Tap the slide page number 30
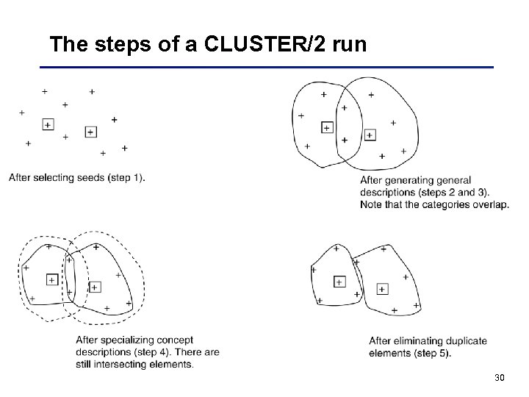coord(500,378)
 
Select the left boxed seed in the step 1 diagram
coord(48,125)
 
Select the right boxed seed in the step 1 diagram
coord(90,132)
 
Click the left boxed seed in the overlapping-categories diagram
coord(327,128)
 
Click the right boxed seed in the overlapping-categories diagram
coord(370,135)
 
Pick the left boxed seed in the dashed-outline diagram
coord(51,279)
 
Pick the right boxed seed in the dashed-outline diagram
coord(94,286)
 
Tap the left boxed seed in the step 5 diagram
coord(339,282)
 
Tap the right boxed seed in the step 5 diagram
coord(382,289)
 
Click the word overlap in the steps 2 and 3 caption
coord(490,204)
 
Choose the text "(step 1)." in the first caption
coord(124,177)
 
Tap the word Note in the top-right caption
coord(372,204)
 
